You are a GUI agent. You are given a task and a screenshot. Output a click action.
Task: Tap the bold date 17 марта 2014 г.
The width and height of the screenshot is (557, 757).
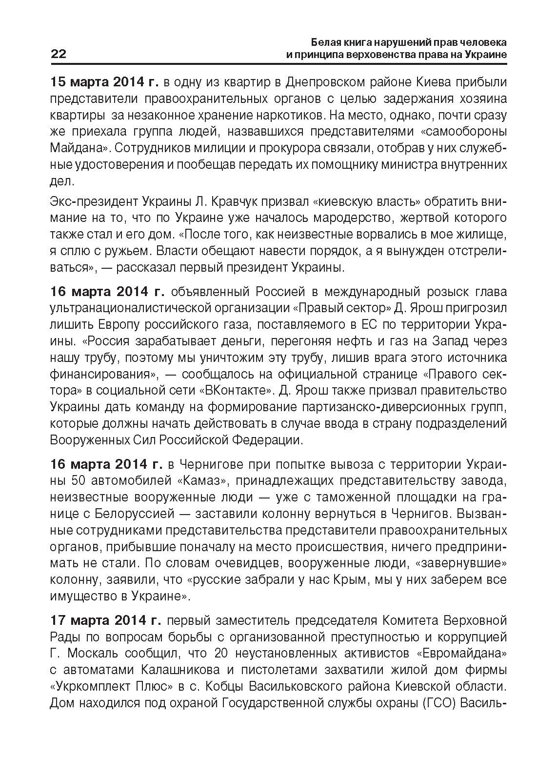point(105,620)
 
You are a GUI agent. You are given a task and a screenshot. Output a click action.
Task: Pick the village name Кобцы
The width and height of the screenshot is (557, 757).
point(223,687)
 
